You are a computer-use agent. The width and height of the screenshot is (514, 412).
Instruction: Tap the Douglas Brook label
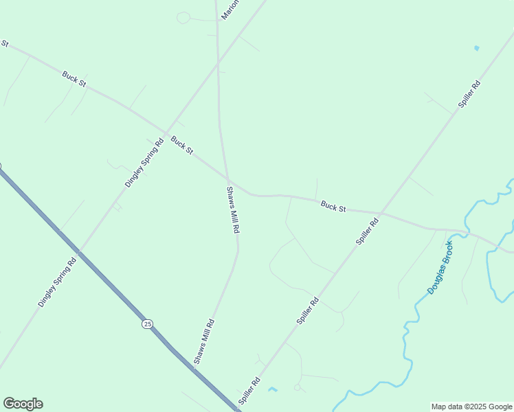click(x=440, y=268)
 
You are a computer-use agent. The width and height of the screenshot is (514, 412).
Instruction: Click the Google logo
click(x=23, y=404)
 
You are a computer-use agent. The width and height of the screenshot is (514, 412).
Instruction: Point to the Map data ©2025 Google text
click(x=472, y=407)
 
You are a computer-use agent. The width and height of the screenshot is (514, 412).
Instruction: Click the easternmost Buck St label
click(x=333, y=205)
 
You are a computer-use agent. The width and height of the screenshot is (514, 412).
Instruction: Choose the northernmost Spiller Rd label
click(x=469, y=95)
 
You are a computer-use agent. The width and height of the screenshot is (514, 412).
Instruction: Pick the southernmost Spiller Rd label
click(x=249, y=391)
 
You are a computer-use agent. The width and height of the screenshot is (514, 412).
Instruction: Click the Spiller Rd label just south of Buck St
click(x=368, y=232)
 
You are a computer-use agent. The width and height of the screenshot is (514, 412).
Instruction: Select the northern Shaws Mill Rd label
click(x=232, y=210)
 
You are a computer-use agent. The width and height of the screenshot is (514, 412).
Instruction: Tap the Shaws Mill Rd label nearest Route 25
click(x=204, y=341)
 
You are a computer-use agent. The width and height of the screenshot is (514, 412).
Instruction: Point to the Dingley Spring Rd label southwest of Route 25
click(x=57, y=282)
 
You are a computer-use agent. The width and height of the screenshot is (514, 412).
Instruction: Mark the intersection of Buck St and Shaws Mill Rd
click(x=228, y=181)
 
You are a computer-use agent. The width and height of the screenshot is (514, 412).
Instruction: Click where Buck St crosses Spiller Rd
click(x=382, y=212)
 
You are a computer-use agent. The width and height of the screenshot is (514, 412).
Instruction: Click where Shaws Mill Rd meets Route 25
click(x=194, y=369)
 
